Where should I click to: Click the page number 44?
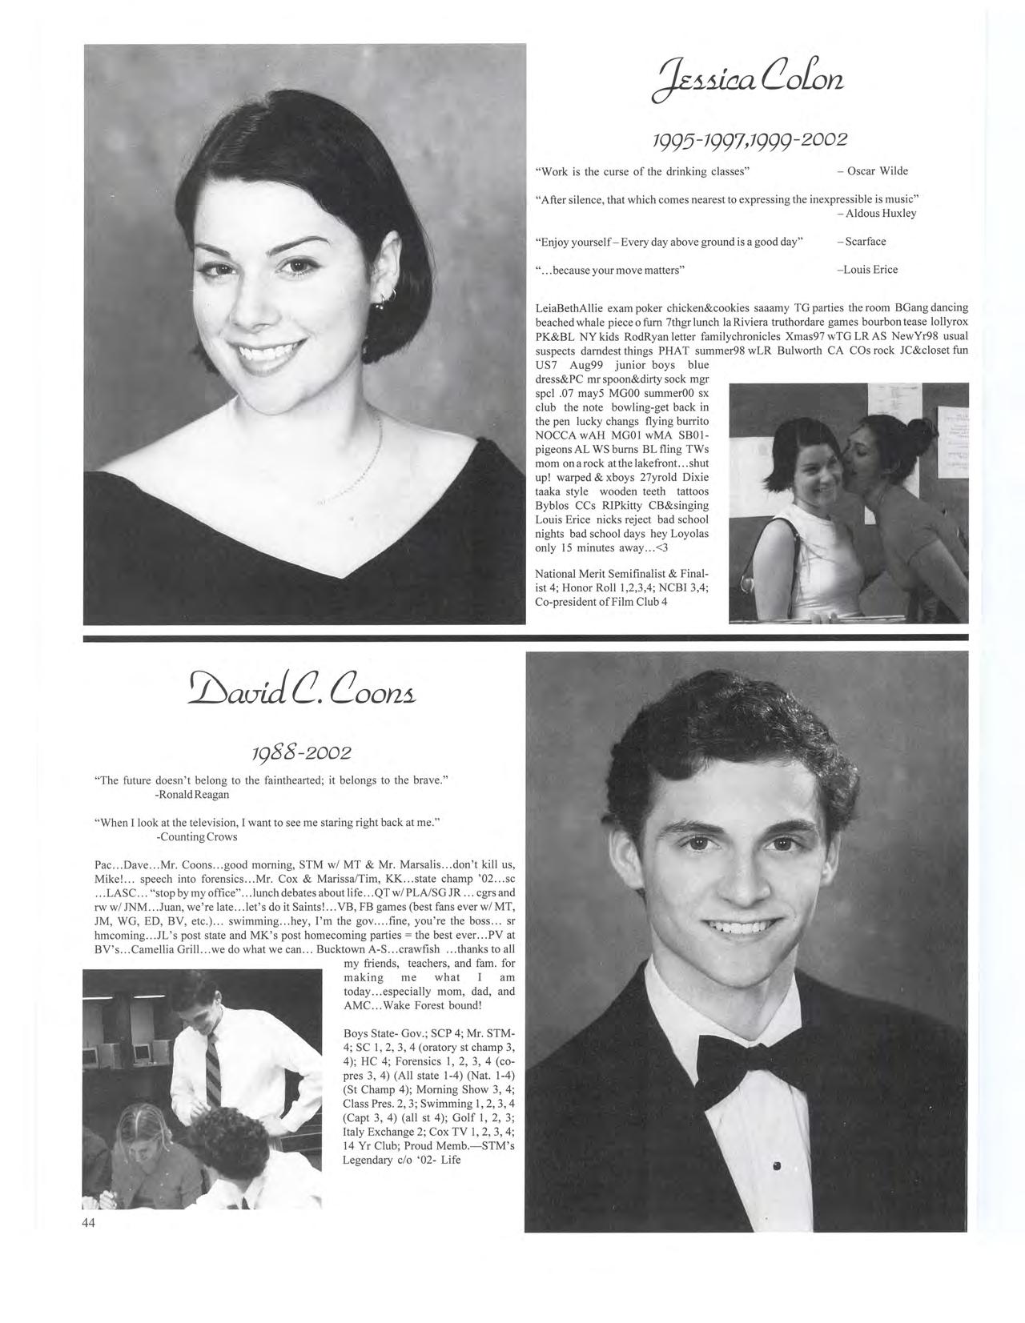pyautogui.click(x=88, y=1222)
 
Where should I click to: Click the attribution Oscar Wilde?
pyautogui.click(x=877, y=170)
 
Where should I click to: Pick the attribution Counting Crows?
pyautogui.click(x=197, y=836)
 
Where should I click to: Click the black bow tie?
pyautogui.click(x=746, y=1063)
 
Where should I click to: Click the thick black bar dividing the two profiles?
pyautogui.click(x=525, y=637)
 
